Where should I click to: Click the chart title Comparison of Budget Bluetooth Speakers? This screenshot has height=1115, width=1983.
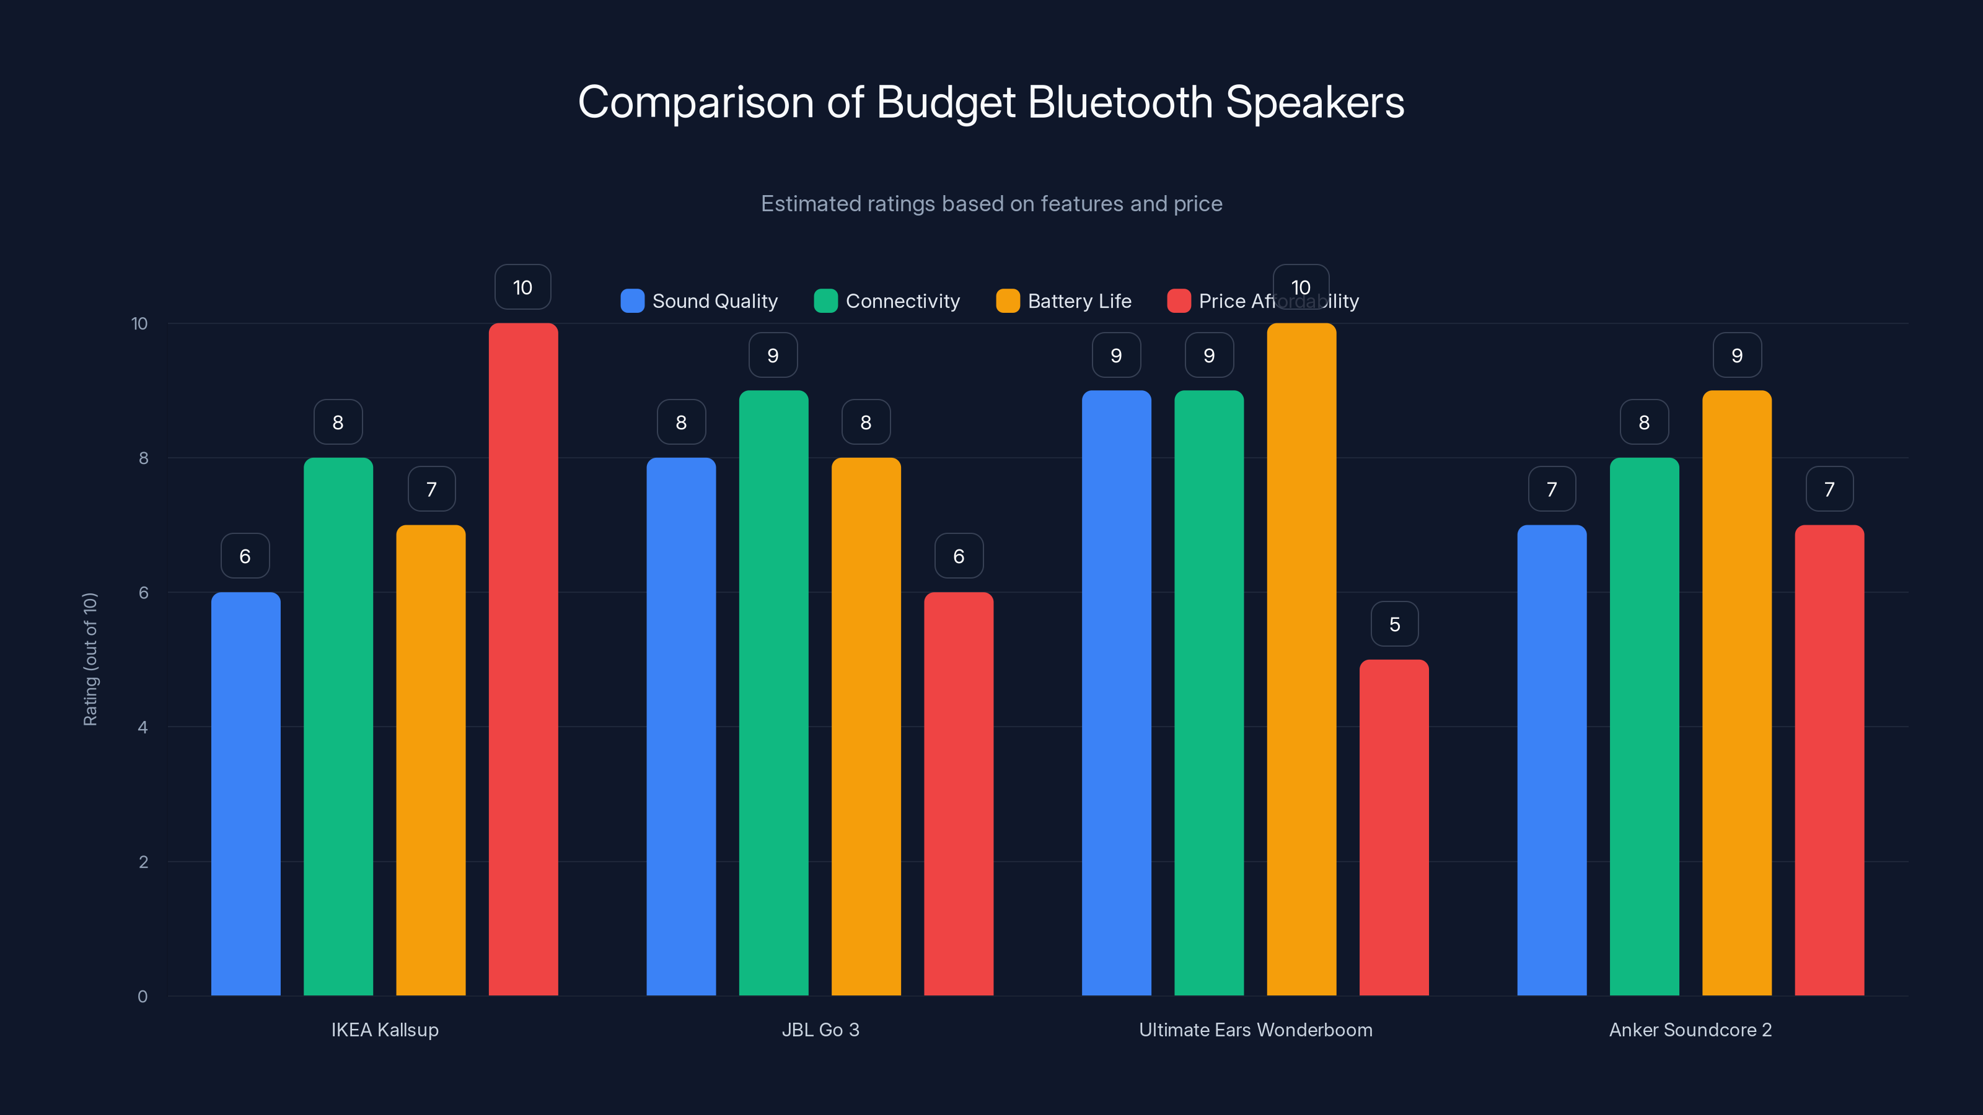coord(991,102)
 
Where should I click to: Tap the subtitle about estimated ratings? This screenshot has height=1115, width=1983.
coord(991,203)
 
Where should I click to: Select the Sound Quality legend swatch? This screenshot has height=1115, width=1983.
coord(632,301)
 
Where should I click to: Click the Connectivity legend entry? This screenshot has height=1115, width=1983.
coord(887,301)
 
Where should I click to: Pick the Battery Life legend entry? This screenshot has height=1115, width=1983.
coord(1064,301)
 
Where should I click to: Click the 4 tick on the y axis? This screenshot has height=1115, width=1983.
coord(143,727)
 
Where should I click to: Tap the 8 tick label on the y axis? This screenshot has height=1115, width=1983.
coord(143,458)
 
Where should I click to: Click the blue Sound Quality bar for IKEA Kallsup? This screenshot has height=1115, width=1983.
coord(245,793)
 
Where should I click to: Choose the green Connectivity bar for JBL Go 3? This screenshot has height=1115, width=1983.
coord(773,693)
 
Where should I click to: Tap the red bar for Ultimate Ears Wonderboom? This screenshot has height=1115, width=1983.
coord(1393,827)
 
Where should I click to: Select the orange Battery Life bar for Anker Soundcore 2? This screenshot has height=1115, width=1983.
coord(1736,693)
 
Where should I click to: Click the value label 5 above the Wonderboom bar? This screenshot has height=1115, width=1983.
coord(1394,624)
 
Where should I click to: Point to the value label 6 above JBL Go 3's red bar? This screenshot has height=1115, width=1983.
coord(959,556)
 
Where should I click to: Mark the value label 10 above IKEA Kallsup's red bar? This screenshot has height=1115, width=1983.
coord(522,287)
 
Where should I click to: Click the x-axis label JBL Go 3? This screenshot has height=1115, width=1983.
coord(820,1030)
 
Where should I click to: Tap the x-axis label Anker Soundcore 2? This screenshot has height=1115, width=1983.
coord(1690,1030)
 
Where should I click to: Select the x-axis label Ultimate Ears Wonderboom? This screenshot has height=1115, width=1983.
coord(1255,1030)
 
